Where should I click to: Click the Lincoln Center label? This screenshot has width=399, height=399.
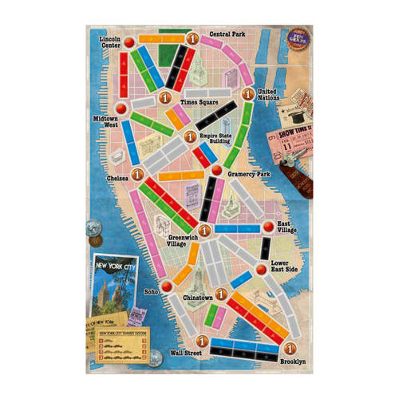tap(110, 41)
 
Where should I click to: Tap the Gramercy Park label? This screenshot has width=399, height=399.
tap(251, 172)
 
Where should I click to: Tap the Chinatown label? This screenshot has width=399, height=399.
tap(197, 297)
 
